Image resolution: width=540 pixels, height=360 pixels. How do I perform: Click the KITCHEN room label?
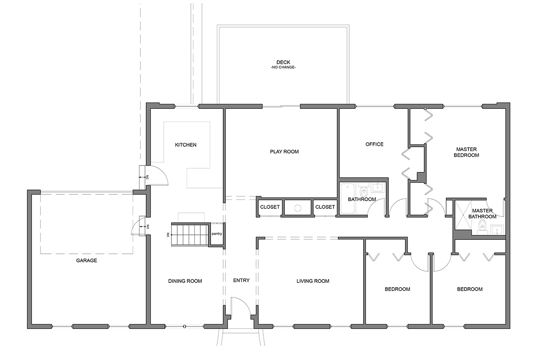click(x=185, y=145)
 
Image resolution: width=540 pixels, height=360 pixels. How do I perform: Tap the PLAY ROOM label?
click(x=284, y=152)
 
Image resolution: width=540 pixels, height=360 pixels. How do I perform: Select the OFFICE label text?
click(x=374, y=144)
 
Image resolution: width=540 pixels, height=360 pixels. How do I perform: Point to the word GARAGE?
click(x=86, y=261)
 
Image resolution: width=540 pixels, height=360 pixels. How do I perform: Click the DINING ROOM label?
click(x=185, y=281)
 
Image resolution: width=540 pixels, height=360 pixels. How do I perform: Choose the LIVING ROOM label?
click(x=313, y=281)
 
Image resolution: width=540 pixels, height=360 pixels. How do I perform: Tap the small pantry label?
click(x=217, y=234)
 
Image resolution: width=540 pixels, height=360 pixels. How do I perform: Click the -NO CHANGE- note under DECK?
click(x=283, y=67)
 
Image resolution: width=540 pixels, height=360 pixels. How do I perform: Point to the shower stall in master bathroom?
click(x=463, y=215)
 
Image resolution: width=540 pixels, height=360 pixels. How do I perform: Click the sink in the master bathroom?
click(x=497, y=229)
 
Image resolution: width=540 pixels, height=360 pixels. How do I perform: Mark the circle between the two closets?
click(x=298, y=208)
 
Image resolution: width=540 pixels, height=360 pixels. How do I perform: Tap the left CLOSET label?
click(x=270, y=207)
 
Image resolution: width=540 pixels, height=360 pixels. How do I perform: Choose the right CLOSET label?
click(x=325, y=207)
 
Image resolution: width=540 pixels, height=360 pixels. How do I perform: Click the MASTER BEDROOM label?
click(x=467, y=152)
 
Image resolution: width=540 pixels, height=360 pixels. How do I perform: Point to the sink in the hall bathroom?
click(x=377, y=187)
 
